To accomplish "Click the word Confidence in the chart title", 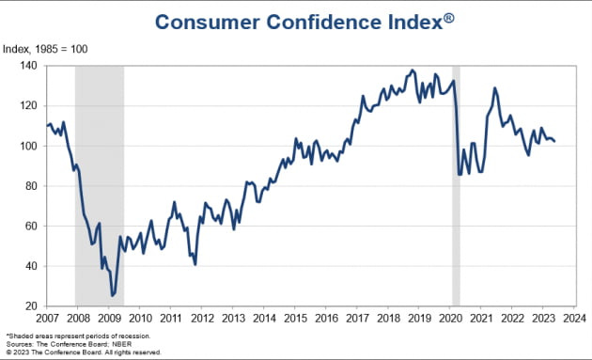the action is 324,22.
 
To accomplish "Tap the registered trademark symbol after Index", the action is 448,18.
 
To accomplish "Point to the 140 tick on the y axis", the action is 28,66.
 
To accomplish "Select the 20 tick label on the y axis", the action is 31,306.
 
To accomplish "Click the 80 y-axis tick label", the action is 31,186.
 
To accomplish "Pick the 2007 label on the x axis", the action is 47,319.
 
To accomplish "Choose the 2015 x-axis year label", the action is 295,319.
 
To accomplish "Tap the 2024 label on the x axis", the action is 574,319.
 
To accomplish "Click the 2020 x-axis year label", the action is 450,319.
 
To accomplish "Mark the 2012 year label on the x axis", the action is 202,319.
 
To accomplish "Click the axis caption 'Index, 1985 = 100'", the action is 45,49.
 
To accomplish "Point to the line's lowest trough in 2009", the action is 112,295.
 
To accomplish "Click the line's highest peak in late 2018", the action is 412,70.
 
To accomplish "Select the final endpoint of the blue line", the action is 554,142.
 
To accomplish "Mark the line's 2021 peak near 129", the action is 494,88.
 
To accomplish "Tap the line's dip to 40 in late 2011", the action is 195,264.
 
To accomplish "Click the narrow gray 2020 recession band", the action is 456,186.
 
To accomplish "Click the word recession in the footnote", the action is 135,336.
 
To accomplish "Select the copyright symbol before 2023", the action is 8,352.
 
